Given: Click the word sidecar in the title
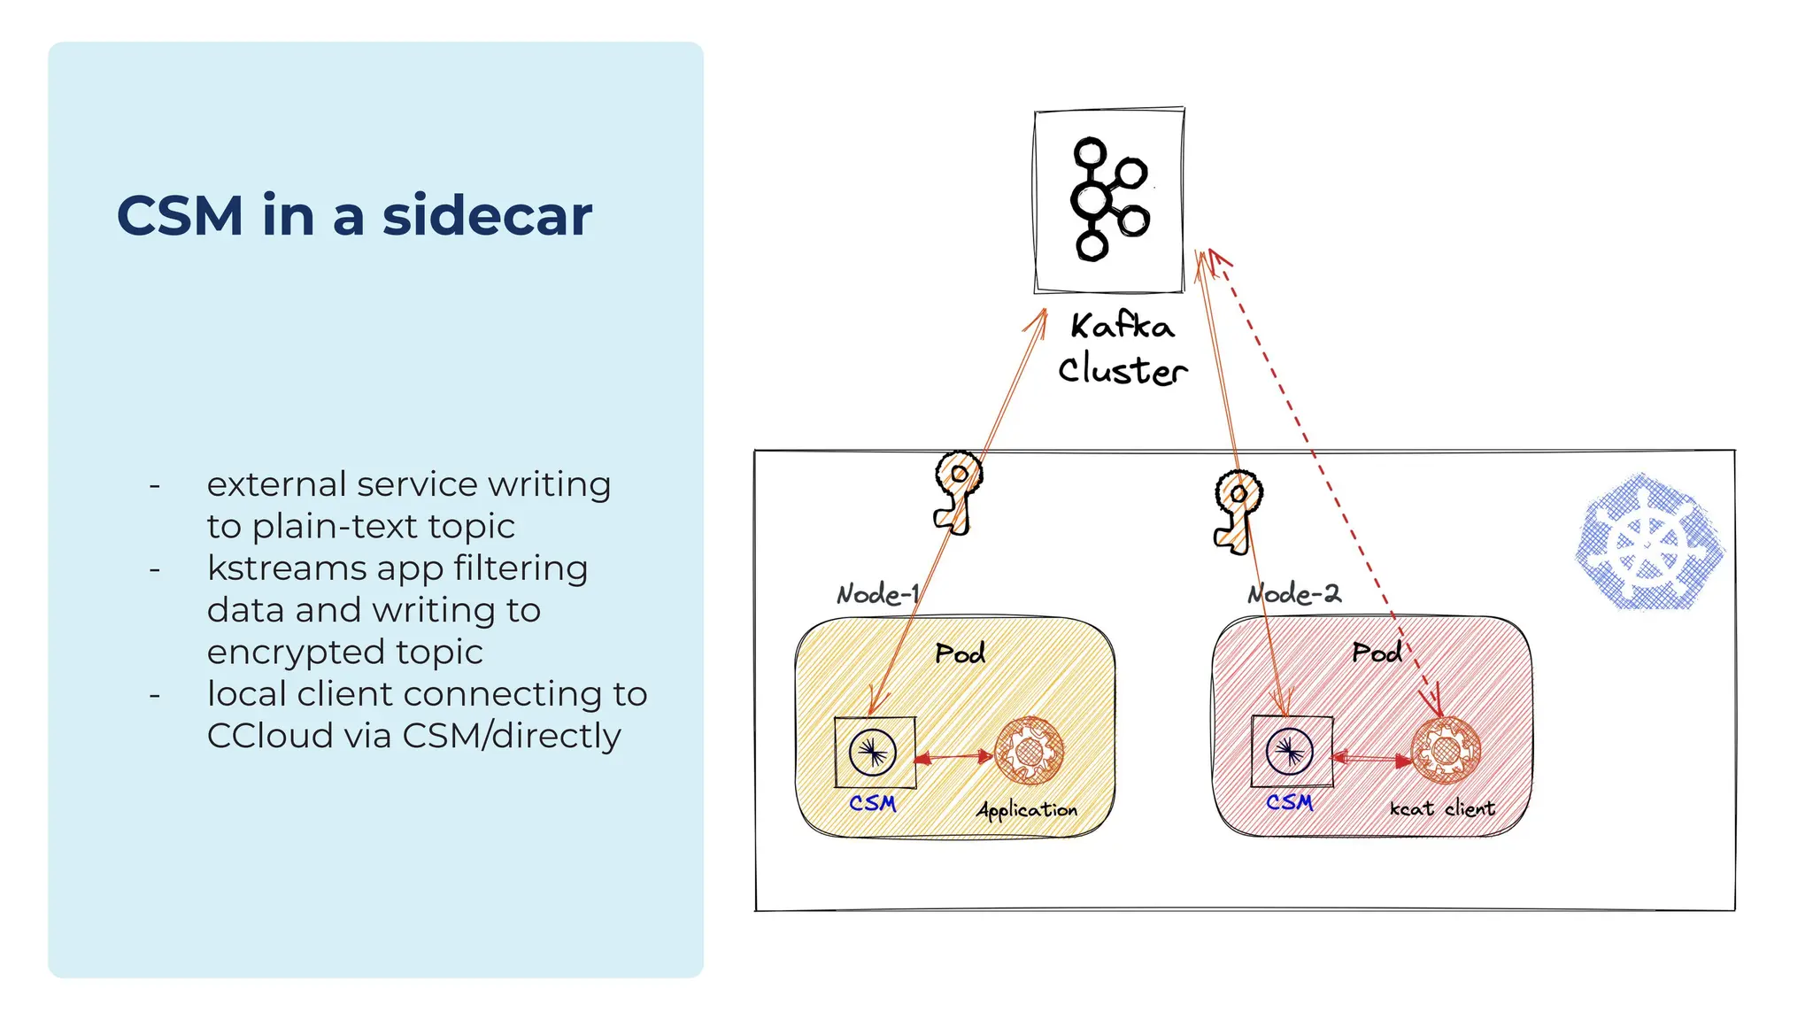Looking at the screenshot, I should click(487, 215).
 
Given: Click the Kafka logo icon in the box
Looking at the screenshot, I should click(1109, 199).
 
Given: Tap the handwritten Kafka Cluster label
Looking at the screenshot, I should click(1122, 349).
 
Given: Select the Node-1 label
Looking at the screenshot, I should click(877, 593).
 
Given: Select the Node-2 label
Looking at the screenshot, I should click(1294, 593).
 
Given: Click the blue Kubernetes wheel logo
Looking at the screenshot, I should click(1648, 542).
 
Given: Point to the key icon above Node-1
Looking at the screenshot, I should click(957, 491).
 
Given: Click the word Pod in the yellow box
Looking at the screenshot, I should click(960, 653).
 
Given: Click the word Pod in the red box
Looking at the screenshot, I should click(1377, 653).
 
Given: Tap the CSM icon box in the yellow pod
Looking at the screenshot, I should click(875, 753).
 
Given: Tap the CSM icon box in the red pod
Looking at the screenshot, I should click(1291, 753).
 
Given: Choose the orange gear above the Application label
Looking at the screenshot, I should click(1029, 751).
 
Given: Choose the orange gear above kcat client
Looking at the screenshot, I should click(1445, 750).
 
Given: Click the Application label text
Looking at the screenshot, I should click(1027, 809).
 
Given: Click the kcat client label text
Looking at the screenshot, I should click(1441, 808).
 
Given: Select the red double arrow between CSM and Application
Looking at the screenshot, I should click(953, 757).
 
